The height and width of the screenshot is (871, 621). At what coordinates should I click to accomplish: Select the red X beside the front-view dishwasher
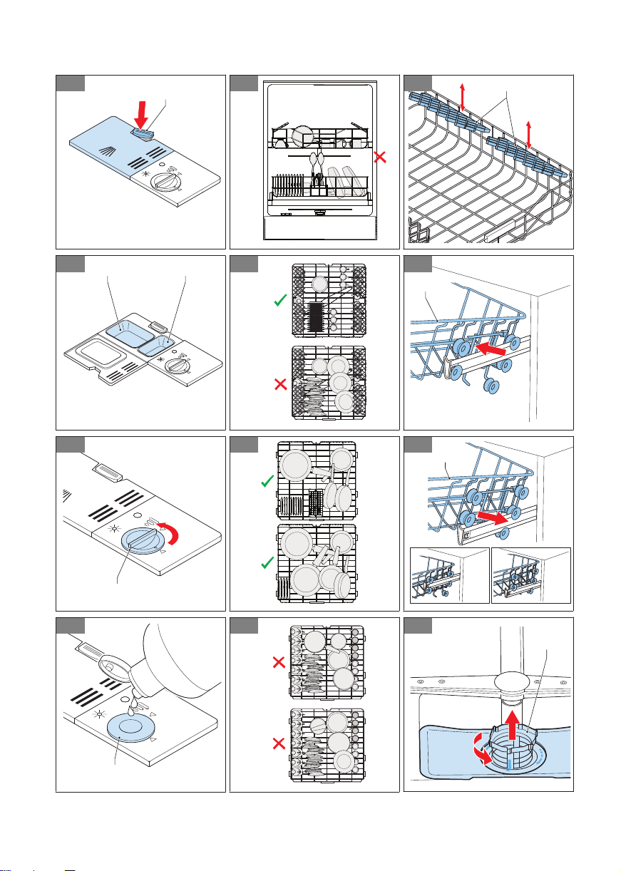point(381,158)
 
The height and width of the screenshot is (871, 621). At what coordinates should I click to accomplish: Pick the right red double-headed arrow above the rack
point(528,134)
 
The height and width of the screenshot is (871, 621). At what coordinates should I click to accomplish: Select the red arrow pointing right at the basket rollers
point(488,514)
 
